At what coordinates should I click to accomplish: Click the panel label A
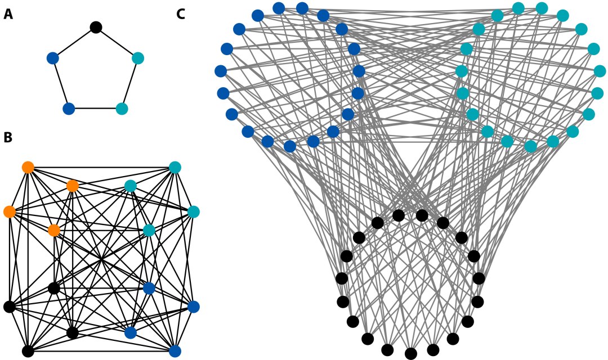pyautogui.click(x=8, y=14)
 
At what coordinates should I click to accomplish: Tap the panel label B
pyautogui.click(x=8, y=137)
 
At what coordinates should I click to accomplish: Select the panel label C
pyautogui.click(x=181, y=14)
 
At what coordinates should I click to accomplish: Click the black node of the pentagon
pyautogui.click(x=96, y=27)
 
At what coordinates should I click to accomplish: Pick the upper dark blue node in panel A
pyautogui.click(x=53, y=58)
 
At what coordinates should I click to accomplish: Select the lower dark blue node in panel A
pyautogui.click(x=69, y=109)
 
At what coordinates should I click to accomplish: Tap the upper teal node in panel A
pyautogui.click(x=138, y=58)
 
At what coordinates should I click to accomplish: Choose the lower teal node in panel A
pyautogui.click(x=122, y=109)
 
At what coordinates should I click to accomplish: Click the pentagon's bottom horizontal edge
pyautogui.click(x=95, y=109)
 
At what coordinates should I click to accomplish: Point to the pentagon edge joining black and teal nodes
pyautogui.click(x=117, y=43)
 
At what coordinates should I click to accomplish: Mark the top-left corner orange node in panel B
pyautogui.click(x=28, y=167)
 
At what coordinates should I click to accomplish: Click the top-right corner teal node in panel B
pyautogui.click(x=175, y=167)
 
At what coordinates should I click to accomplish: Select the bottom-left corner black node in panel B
pyautogui.click(x=28, y=352)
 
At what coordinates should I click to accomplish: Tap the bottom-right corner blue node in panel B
pyautogui.click(x=175, y=352)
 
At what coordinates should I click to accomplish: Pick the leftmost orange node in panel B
pyautogui.click(x=9, y=211)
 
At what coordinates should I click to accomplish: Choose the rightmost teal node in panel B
pyautogui.click(x=193, y=211)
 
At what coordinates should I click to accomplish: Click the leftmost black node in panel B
pyautogui.click(x=9, y=307)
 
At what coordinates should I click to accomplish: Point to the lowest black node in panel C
pyautogui.click(x=411, y=353)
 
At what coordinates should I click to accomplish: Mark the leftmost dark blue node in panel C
pyautogui.click(x=221, y=71)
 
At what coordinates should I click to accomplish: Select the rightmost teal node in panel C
pyautogui.click(x=600, y=71)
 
